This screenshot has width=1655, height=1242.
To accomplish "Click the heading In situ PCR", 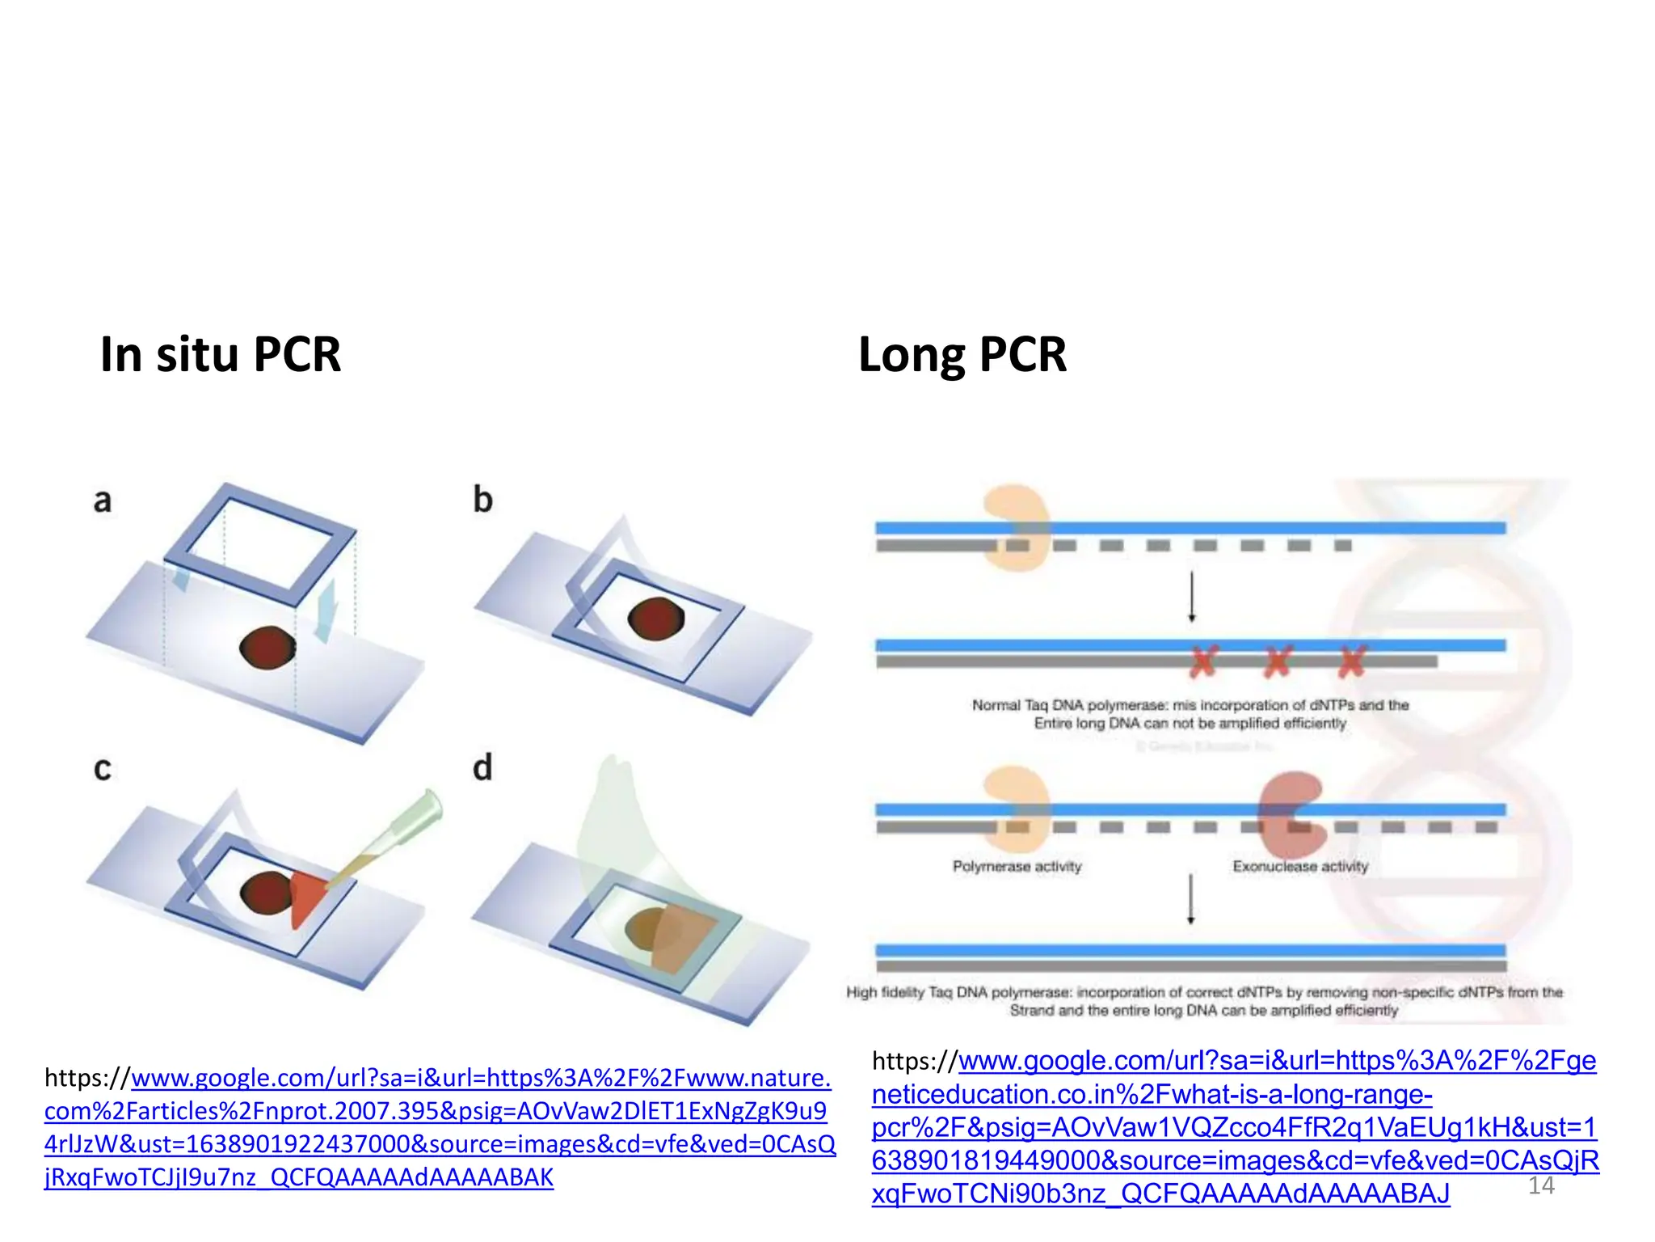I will coord(220,354).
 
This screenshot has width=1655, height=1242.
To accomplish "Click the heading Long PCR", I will coord(962,354).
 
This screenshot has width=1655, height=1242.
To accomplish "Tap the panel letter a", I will coord(102,501).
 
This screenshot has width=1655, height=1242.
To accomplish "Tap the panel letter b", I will coord(482,499).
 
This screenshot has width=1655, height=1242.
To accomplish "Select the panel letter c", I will coord(102,768).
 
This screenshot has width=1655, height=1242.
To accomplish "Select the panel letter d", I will coord(482,767).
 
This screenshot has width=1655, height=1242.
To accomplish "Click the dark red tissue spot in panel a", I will coord(267,648).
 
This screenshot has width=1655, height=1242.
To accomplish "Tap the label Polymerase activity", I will coord(1017,867).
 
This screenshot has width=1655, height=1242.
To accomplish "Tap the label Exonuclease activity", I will coord(1300,867).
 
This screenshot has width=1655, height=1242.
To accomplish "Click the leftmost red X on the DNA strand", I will coord(1202,661).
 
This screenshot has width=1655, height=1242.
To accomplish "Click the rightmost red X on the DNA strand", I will coord(1352,661).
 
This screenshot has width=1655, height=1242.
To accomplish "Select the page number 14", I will coord(1541,1185).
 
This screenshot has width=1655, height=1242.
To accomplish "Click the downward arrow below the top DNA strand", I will coord(1191,597).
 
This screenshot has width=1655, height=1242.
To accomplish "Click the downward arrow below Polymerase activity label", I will coord(1190,898).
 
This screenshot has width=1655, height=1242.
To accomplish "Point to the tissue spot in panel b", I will coord(655,619).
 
